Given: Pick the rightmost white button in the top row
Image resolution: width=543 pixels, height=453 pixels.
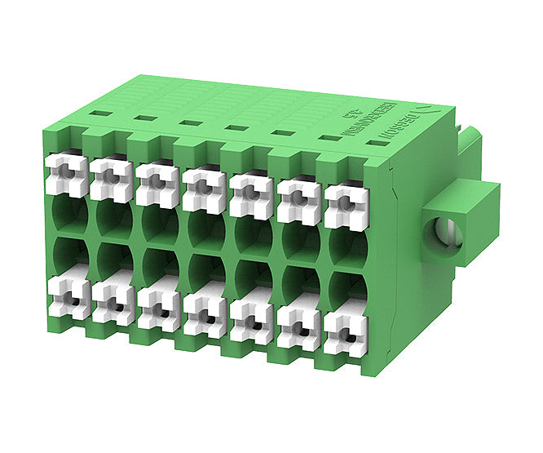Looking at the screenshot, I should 343,204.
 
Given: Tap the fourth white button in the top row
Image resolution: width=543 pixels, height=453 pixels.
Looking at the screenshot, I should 200,189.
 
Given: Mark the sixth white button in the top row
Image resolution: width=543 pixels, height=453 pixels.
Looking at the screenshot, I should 297,199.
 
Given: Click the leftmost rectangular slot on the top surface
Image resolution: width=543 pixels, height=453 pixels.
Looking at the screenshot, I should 100,114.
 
